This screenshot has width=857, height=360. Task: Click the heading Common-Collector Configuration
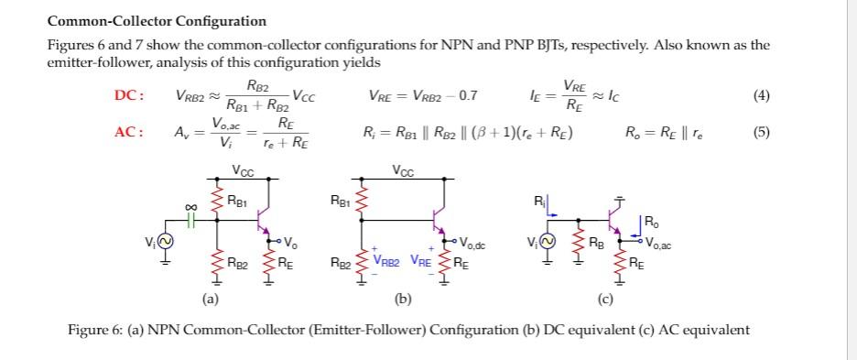pos(157,21)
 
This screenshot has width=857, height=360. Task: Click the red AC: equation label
pos(127,132)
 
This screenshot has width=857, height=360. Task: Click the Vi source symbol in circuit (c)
pos(548,242)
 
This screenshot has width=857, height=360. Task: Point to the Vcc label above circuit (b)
pos(403,170)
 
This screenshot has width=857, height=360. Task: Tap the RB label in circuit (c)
pos(598,243)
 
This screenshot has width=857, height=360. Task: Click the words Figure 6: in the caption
pos(95,330)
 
